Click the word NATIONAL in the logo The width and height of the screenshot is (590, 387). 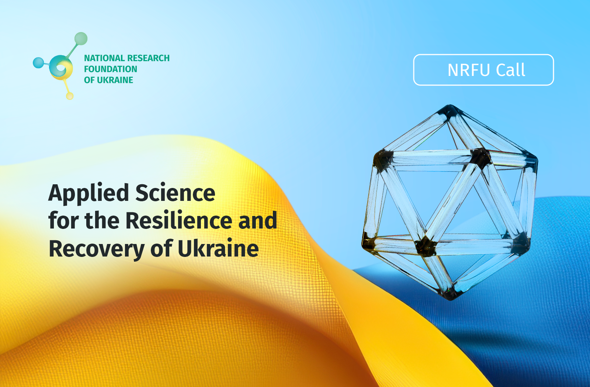(x=104, y=58)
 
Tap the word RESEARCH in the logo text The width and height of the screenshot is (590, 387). (x=148, y=58)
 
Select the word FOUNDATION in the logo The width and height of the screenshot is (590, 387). (x=111, y=69)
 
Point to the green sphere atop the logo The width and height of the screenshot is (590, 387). (x=81, y=39)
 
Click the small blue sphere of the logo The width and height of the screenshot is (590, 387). (x=38, y=63)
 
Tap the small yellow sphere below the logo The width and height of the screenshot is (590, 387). (x=70, y=96)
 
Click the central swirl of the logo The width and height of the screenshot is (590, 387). (x=61, y=68)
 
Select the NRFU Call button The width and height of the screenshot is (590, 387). (x=483, y=70)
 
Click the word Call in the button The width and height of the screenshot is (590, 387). (x=511, y=70)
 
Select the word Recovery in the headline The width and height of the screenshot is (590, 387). (x=97, y=249)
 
